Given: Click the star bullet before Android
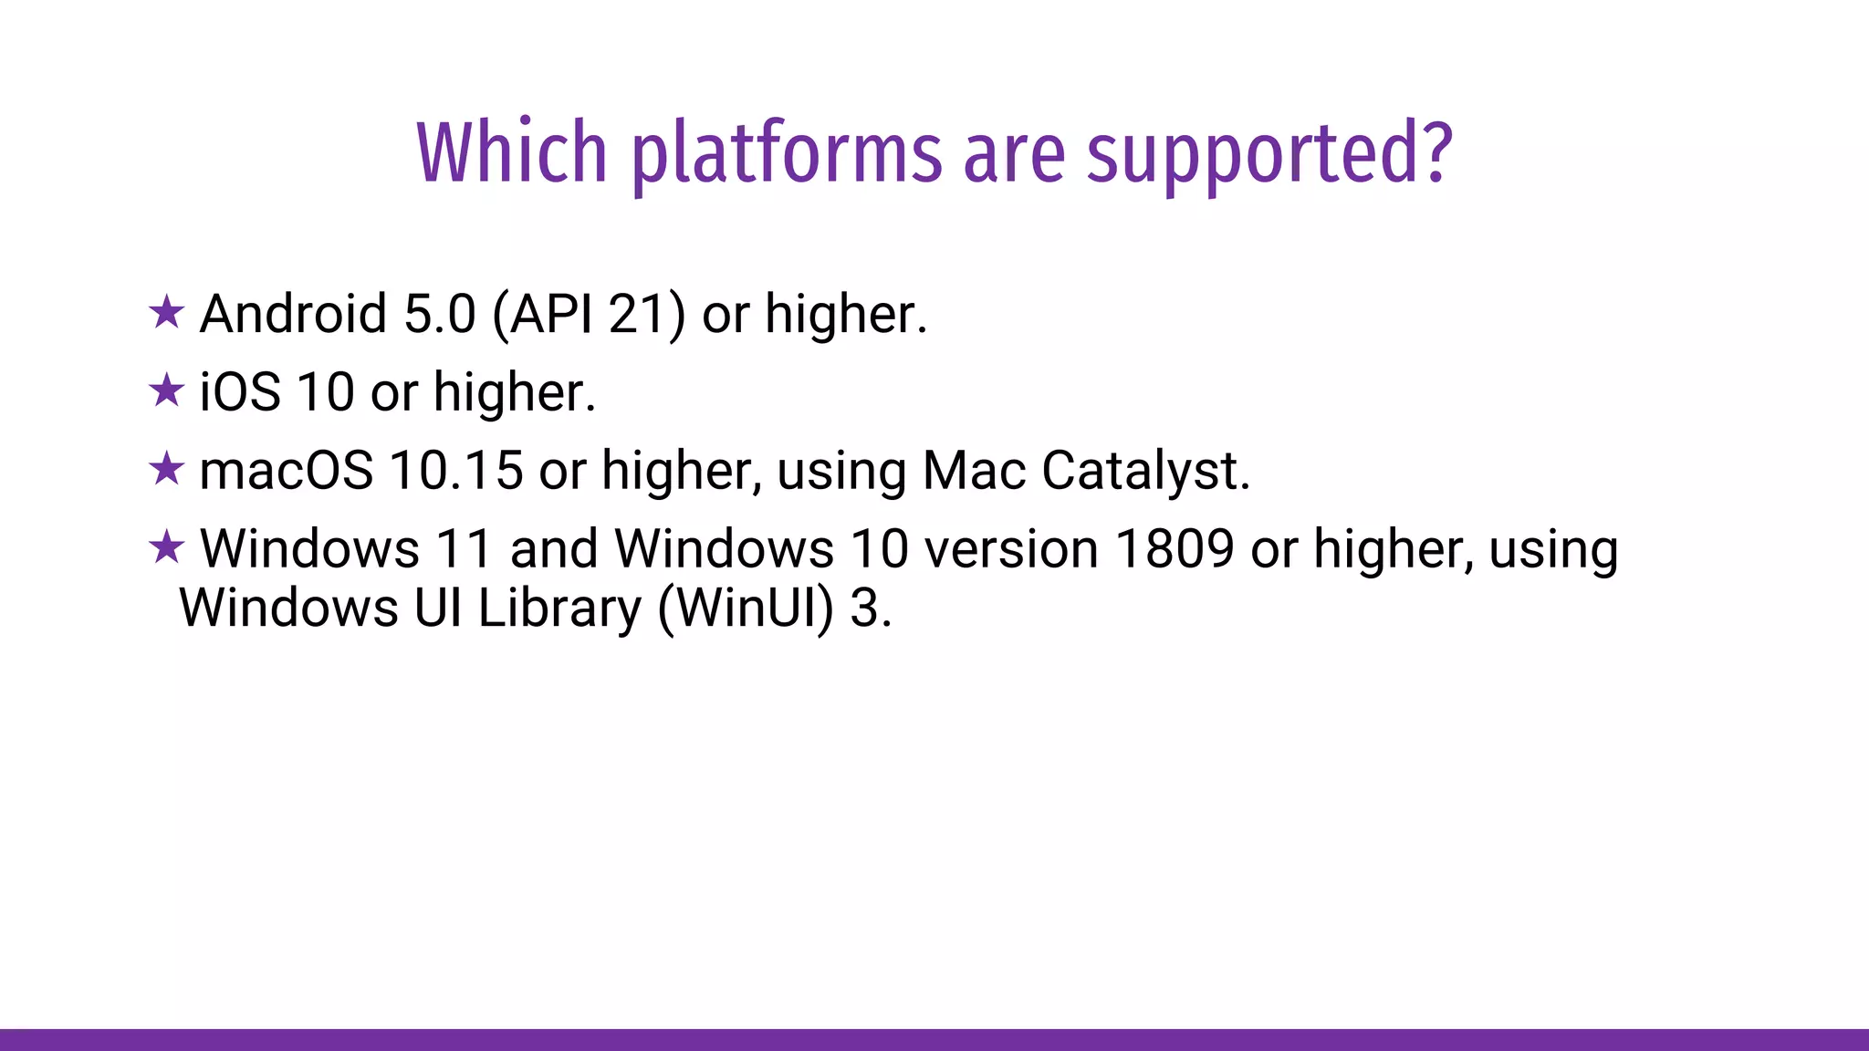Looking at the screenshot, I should (x=166, y=313).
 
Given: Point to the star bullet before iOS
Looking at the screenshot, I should (x=166, y=391).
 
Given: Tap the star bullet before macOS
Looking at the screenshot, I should (x=166, y=470).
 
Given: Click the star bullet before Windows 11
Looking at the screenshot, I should (x=166, y=548).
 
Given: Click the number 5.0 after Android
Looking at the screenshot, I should (x=440, y=314).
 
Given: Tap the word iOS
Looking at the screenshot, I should (x=240, y=392).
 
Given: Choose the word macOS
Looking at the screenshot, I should (x=286, y=471).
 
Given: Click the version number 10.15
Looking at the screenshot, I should (x=456, y=471).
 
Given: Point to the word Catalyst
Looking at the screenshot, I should (x=1145, y=472).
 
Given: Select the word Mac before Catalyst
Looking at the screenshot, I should (x=974, y=471).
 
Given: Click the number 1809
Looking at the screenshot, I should (x=1175, y=549).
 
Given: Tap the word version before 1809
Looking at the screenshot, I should (x=1011, y=549).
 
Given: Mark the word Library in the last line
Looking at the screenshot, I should (x=559, y=609).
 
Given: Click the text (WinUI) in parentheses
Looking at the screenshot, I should (x=746, y=609).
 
